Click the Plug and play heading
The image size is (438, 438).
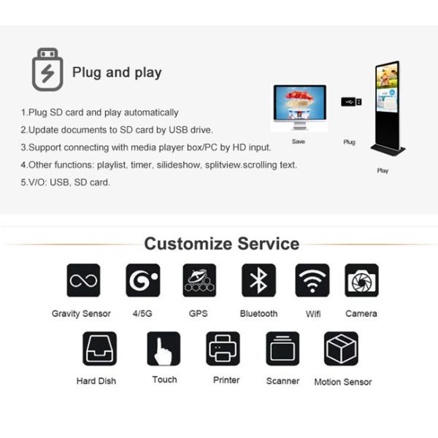point(117,72)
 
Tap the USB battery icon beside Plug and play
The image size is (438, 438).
point(47,70)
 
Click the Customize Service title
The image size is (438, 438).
point(221,243)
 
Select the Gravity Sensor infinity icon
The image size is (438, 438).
point(83,280)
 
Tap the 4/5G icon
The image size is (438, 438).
point(142,280)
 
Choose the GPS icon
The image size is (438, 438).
point(199,280)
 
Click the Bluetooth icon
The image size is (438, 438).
point(258,280)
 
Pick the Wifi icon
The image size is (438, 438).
point(312,280)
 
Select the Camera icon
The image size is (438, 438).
point(361,280)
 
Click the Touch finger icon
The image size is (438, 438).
point(164,348)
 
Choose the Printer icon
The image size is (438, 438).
point(223,348)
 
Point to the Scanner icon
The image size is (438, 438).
point(283,348)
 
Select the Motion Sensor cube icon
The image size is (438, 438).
point(341,348)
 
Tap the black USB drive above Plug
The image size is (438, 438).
point(350,101)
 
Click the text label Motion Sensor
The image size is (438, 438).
point(342,382)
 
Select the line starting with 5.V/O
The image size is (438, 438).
point(65,182)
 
